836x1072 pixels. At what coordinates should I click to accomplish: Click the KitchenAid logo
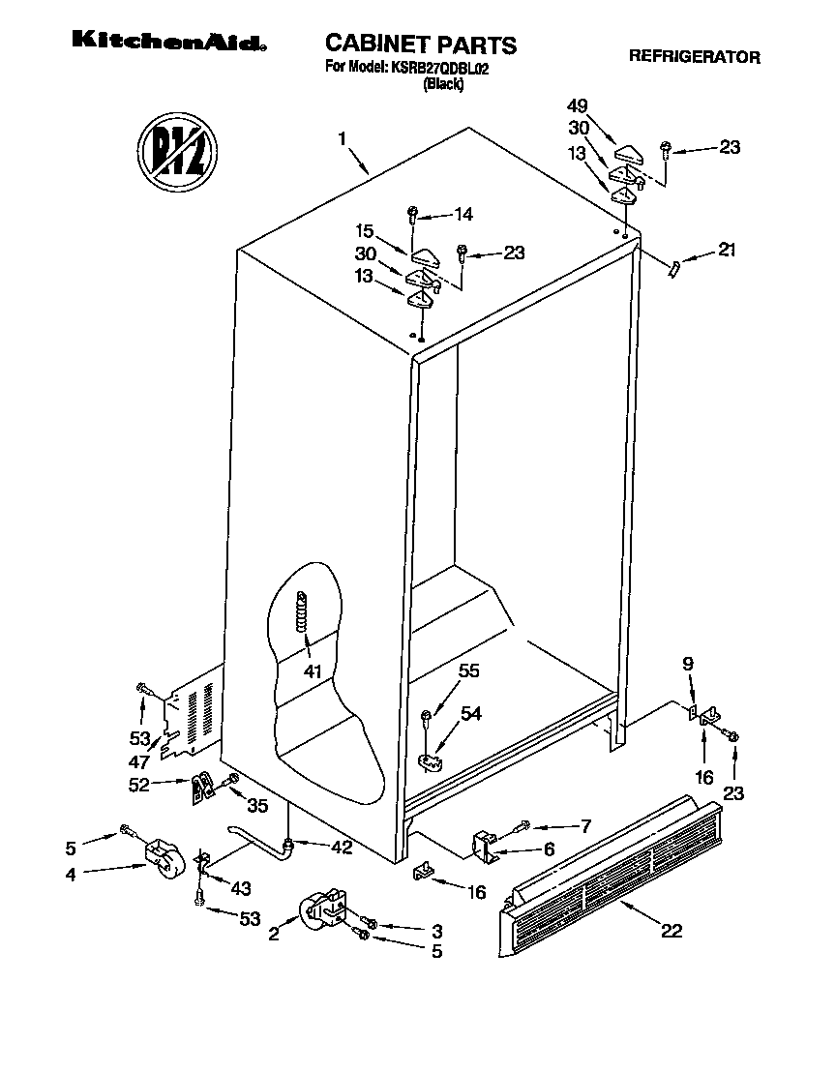(x=167, y=43)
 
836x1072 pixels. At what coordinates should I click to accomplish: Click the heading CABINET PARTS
(x=420, y=44)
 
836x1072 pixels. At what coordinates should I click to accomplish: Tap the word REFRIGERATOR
(x=694, y=57)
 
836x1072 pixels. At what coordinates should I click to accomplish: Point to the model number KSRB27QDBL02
(x=437, y=68)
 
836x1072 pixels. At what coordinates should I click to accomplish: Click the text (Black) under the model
(x=444, y=84)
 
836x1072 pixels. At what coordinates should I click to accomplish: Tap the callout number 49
(x=577, y=105)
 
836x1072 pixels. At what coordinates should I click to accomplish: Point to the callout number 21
(x=727, y=250)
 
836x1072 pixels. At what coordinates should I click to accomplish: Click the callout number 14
(x=464, y=214)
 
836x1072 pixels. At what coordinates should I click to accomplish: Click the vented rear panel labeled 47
(x=194, y=714)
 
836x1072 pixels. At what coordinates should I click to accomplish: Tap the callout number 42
(x=340, y=848)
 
